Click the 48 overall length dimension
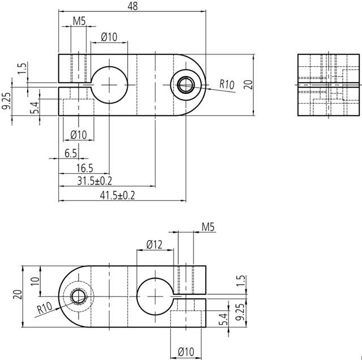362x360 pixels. tap(133, 6)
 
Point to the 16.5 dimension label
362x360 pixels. tap(84, 168)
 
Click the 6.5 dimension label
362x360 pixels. tap(71, 153)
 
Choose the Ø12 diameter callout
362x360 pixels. tap(153, 244)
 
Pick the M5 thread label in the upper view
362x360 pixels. tap(79, 22)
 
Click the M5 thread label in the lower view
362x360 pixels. tap(208, 227)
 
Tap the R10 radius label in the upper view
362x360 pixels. tap(227, 85)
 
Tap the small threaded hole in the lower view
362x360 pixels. tap(77, 297)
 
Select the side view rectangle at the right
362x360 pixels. tap(329, 85)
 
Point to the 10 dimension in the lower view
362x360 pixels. tap(35, 281)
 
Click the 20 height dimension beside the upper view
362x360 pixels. tap(247, 85)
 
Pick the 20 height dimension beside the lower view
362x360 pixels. tap(16, 294)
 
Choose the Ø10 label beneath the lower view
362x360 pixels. tap(186, 352)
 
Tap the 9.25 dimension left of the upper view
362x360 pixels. tap(6, 101)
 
